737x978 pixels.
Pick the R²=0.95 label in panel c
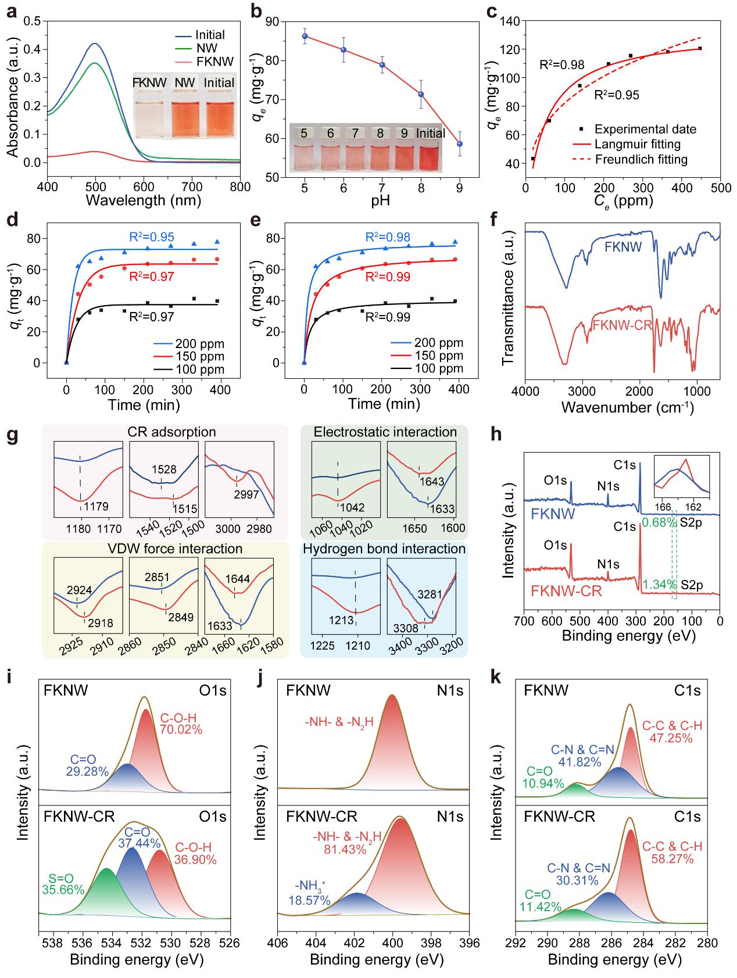point(616,95)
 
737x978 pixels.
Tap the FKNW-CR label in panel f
point(622,325)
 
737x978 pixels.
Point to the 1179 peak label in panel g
point(95,507)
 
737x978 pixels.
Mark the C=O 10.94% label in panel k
point(544,777)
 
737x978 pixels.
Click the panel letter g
point(12,436)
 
